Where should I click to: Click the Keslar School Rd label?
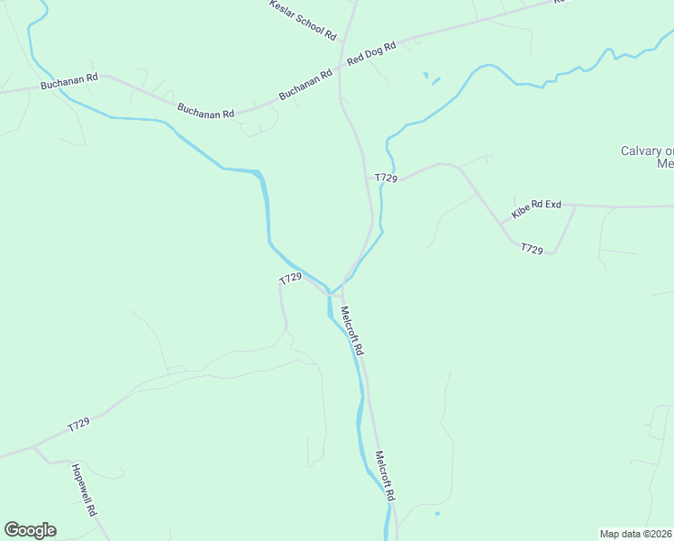tap(303, 19)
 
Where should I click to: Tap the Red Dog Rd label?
tap(371, 53)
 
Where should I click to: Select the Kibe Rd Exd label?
tap(536, 209)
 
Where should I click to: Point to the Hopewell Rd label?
tap(84, 490)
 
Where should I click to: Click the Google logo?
tap(30, 530)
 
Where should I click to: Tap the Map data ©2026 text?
tap(635, 534)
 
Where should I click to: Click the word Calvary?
tap(642, 151)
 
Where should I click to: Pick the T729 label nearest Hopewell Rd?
tap(79, 424)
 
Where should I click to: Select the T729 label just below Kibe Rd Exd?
tap(532, 249)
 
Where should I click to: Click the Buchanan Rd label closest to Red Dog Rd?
tap(299, 87)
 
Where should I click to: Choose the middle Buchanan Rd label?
tap(205, 111)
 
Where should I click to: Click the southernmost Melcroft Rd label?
tap(386, 477)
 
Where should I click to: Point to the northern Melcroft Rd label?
tap(351, 331)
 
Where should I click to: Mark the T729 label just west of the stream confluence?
tap(290, 279)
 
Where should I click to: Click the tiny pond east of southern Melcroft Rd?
tap(437, 515)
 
